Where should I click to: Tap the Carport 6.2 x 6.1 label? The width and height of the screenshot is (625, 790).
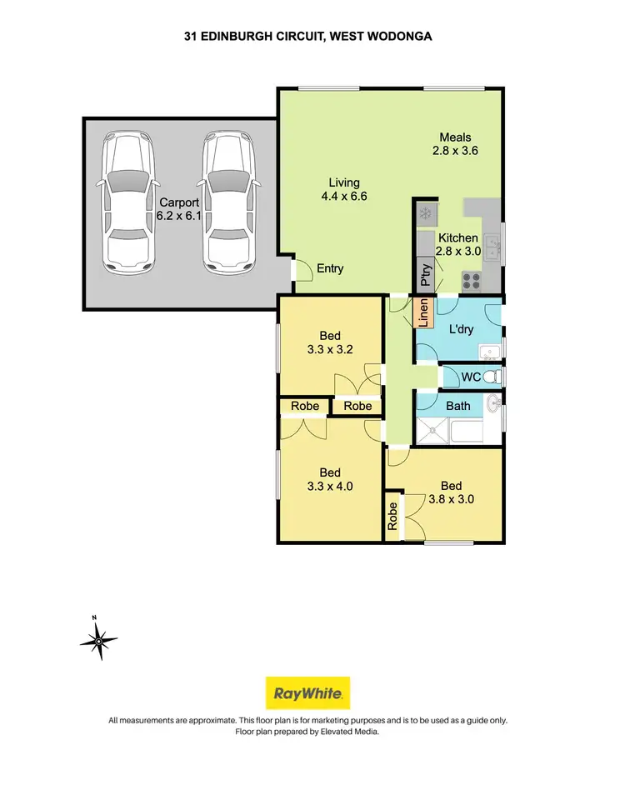[179, 208]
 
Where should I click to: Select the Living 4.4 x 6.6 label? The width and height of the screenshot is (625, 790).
[343, 189]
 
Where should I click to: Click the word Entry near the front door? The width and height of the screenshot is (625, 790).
[329, 268]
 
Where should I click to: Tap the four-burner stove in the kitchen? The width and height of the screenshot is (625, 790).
[472, 282]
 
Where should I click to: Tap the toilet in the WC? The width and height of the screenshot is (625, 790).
[493, 377]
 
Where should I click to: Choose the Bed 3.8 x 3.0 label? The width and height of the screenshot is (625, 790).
[452, 492]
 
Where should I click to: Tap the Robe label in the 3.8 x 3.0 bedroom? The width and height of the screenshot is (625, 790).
[392, 516]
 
